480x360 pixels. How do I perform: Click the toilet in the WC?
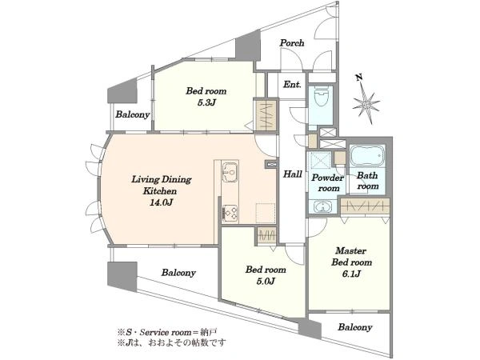click(x=321, y=95)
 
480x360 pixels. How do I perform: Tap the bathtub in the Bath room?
click(x=367, y=155)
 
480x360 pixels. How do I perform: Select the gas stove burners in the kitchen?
click(x=230, y=213)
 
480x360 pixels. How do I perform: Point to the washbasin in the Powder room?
click(x=322, y=206)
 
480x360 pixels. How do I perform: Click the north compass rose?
click(x=366, y=105)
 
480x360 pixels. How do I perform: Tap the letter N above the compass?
click(x=359, y=78)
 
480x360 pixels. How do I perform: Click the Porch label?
click(x=292, y=43)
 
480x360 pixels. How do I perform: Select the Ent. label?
click(x=292, y=84)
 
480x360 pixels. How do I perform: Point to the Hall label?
click(x=293, y=174)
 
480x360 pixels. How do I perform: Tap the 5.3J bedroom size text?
click(x=206, y=102)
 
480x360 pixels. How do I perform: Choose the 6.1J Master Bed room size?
click(x=351, y=274)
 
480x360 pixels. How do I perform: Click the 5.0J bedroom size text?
click(x=266, y=281)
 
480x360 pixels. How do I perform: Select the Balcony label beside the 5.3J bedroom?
click(x=133, y=114)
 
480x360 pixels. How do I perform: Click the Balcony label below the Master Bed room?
click(x=355, y=327)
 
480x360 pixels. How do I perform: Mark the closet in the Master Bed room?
click(x=366, y=206)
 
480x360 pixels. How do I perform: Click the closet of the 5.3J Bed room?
click(x=266, y=115)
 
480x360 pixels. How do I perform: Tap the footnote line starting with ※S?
click(x=167, y=332)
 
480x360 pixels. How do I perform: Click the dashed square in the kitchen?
click(x=266, y=213)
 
